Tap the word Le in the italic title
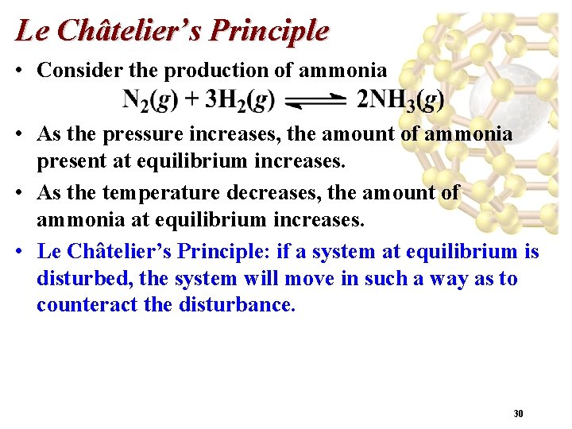(30, 31)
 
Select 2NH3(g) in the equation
(400, 100)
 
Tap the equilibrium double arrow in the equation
(315, 101)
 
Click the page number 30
(518, 414)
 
